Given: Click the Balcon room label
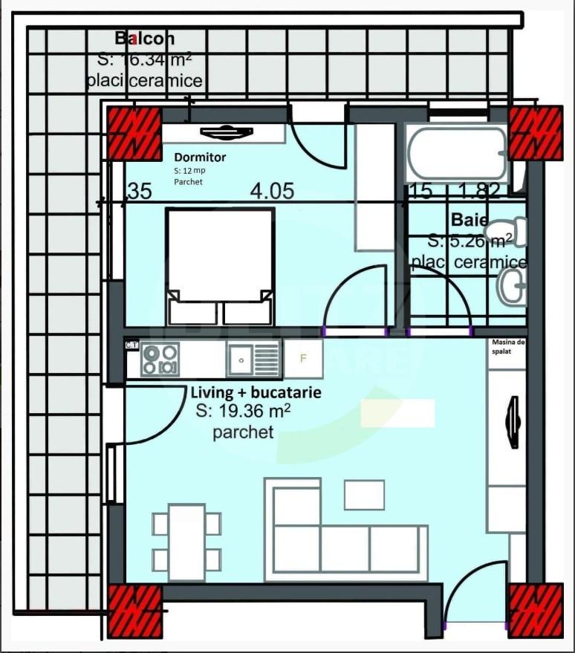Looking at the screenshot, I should point(145,39).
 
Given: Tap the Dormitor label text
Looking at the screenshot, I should point(200,157).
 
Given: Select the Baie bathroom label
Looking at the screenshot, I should point(470,221).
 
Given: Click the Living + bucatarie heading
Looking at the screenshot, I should point(256,392).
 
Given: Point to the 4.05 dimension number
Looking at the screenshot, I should point(272,192).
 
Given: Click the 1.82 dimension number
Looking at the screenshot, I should point(479,192).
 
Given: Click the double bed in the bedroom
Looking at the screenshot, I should point(219,266).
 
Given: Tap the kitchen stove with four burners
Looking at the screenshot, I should point(160,359).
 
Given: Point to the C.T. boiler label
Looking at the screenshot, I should point(131,345).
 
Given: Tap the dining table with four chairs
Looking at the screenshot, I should point(186,541).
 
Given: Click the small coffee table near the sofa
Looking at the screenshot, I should point(364,495).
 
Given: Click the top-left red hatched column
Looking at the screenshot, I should point(134,133).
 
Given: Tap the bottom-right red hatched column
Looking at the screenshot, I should point(535,610).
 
